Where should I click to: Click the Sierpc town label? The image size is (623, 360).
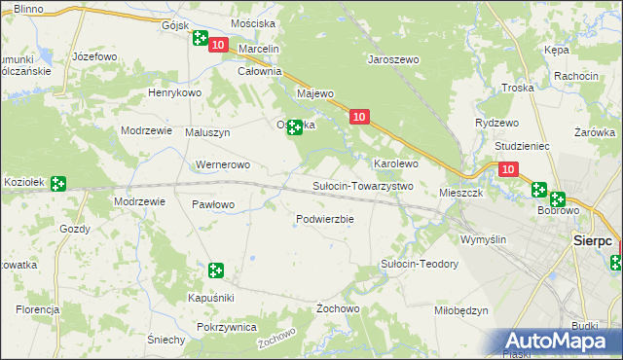[592, 238]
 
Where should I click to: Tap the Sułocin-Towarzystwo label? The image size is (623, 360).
[363, 186]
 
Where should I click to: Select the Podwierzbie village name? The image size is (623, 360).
[324, 219]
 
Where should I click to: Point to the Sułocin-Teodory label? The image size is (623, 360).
[419, 264]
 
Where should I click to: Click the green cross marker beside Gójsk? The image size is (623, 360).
[201, 39]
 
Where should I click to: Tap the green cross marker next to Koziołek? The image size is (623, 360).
[58, 183]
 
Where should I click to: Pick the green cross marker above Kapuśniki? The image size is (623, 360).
[216, 270]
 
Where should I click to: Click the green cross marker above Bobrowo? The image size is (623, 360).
[539, 190]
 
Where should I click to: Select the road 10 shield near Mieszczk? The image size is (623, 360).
[508, 169]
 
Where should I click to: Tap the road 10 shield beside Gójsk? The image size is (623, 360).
[218, 45]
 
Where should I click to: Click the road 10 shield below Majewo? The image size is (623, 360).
[359, 117]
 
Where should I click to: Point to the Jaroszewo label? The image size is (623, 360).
[392, 59]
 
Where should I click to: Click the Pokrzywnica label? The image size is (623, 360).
[226, 328]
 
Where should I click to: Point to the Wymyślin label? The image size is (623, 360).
[484, 239]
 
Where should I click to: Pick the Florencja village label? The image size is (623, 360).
[39, 309]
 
